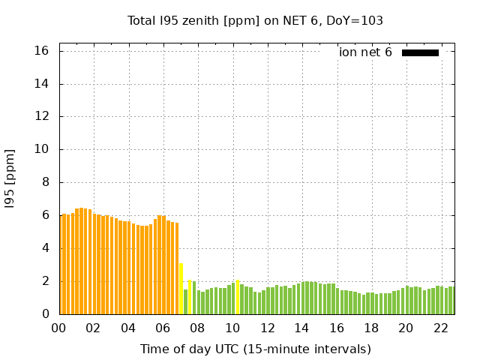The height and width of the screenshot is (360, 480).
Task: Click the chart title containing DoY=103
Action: click(x=255, y=20)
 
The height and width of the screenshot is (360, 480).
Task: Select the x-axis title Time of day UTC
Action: click(x=255, y=349)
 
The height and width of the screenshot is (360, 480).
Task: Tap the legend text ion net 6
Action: click(x=365, y=52)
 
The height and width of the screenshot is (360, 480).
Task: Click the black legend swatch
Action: click(x=420, y=52)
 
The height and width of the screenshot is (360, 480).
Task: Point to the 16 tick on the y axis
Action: click(x=42, y=51)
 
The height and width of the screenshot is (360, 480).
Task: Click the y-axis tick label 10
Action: click(x=42, y=149)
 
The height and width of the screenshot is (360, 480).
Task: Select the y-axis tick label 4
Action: click(x=45, y=248)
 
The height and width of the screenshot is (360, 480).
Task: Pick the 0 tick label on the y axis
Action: click(x=45, y=314)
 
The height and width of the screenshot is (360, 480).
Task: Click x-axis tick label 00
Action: click(x=59, y=328)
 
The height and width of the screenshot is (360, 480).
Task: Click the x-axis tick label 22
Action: click(x=441, y=328)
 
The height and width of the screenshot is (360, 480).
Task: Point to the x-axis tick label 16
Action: click(x=337, y=328)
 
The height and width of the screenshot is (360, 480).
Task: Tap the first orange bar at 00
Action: click(x=61, y=265)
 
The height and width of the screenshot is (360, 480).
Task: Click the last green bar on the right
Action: click(x=451, y=301)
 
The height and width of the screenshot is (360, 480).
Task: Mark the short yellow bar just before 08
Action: click(x=190, y=298)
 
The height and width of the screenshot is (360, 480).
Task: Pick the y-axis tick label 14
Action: click(x=42, y=84)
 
